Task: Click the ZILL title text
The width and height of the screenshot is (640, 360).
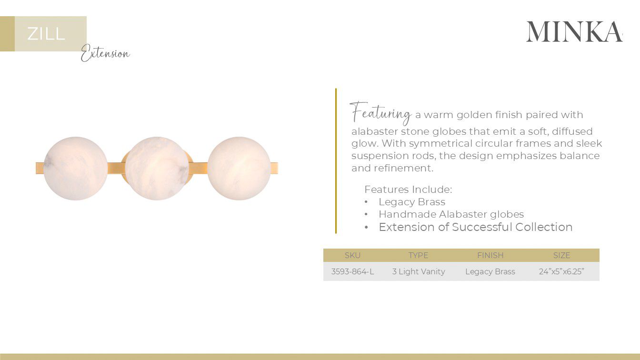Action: [x=46, y=34]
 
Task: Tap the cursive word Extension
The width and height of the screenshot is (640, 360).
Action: [x=105, y=54]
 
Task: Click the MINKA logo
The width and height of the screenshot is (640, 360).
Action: [x=574, y=31]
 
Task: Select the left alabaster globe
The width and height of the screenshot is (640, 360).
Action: [x=76, y=169]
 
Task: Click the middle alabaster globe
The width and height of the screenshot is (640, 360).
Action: [x=157, y=169]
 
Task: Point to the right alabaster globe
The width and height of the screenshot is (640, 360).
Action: [x=239, y=169]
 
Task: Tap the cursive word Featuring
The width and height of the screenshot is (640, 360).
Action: [x=380, y=113]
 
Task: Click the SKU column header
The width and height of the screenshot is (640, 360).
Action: [x=352, y=255]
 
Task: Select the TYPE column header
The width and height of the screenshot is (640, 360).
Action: [x=418, y=255]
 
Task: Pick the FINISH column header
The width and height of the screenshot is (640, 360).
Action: [x=490, y=255]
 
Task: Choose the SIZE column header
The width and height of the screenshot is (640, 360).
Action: [x=561, y=255]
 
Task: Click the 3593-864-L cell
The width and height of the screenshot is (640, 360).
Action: [x=352, y=271]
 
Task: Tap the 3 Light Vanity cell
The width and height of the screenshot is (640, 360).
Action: [x=419, y=271]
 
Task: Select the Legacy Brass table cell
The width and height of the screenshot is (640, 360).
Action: [x=490, y=271]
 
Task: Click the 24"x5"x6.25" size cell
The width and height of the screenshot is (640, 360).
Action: [x=561, y=271]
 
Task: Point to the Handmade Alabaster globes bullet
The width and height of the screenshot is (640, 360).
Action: [x=451, y=214]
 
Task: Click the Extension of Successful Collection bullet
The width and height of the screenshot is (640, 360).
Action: [x=475, y=227]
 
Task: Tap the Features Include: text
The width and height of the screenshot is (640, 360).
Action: [x=408, y=190]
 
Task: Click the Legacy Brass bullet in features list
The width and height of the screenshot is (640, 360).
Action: [x=412, y=202]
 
